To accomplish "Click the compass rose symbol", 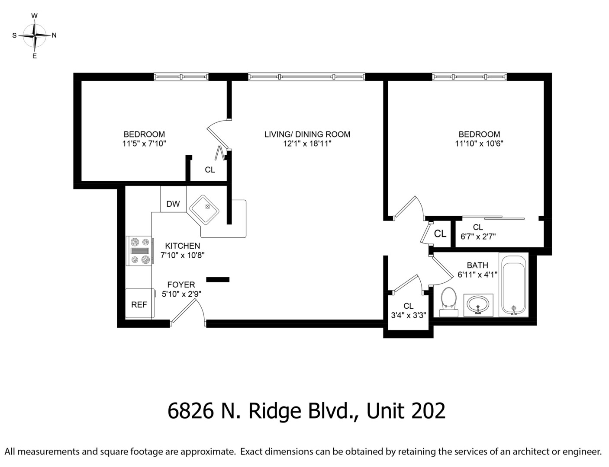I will (34, 35).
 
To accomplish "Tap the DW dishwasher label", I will (173, 204).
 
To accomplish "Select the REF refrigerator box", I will (139, 304).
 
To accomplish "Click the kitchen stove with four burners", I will (139, 250).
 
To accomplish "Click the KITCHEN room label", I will (182, 246).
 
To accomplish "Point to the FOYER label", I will (181, 285).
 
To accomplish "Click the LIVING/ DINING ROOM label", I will (307, 134).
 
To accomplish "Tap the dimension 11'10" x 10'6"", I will (479, 144).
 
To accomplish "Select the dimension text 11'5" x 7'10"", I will (144, 144).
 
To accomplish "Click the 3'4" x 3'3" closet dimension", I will (409, 315).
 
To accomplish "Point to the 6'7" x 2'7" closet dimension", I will (478, 237).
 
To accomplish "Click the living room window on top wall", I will (306, 77).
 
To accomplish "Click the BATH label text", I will (477, 265).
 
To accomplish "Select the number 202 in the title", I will (428, 410).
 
